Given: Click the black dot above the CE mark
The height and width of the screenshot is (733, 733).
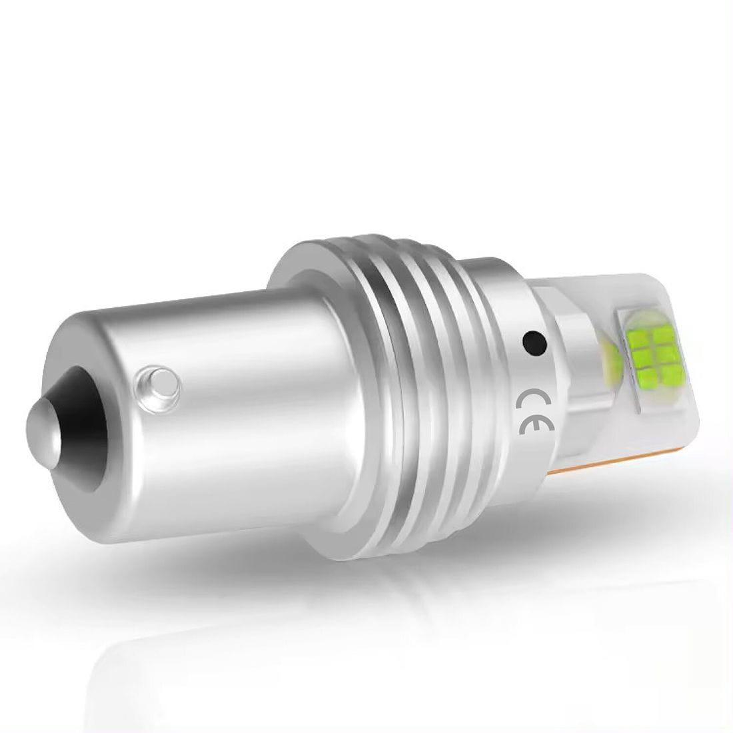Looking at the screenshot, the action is click(x=535, y=343).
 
